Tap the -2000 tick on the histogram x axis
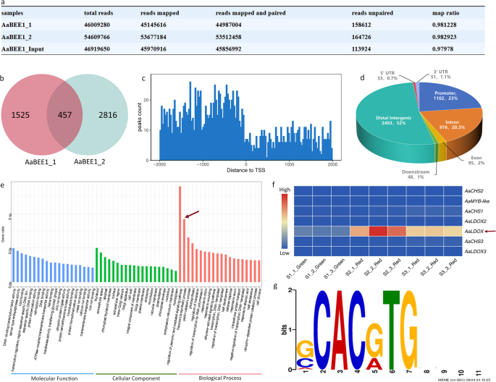(x=156, y=163)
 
